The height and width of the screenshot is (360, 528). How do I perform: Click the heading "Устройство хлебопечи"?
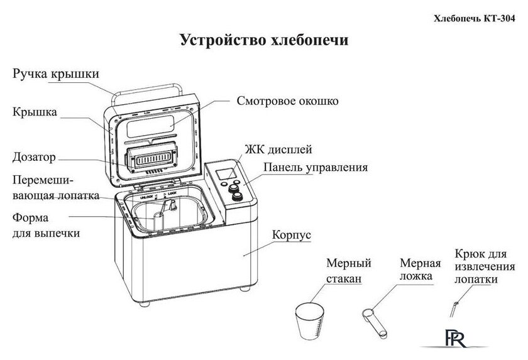(264, 41)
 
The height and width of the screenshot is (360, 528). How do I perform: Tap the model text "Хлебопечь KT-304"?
(480, 19)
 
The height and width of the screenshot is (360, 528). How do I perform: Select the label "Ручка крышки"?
(55, 74)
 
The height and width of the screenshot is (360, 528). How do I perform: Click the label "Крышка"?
(35, 113)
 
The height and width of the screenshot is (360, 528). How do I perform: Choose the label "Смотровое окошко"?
(288, 100)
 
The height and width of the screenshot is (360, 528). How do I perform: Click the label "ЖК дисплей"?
(278, 150)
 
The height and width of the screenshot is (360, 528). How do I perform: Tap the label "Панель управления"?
(315, 168)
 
